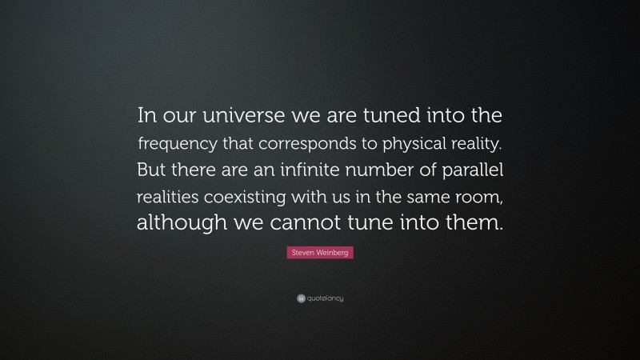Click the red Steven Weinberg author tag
(x=319, y=253)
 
